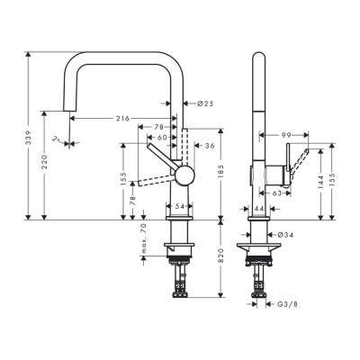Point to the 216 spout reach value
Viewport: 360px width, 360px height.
122,118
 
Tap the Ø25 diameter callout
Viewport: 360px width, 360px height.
204,103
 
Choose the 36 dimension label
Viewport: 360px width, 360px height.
209,146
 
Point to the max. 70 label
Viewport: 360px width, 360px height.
144,240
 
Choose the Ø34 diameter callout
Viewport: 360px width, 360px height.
284,235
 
